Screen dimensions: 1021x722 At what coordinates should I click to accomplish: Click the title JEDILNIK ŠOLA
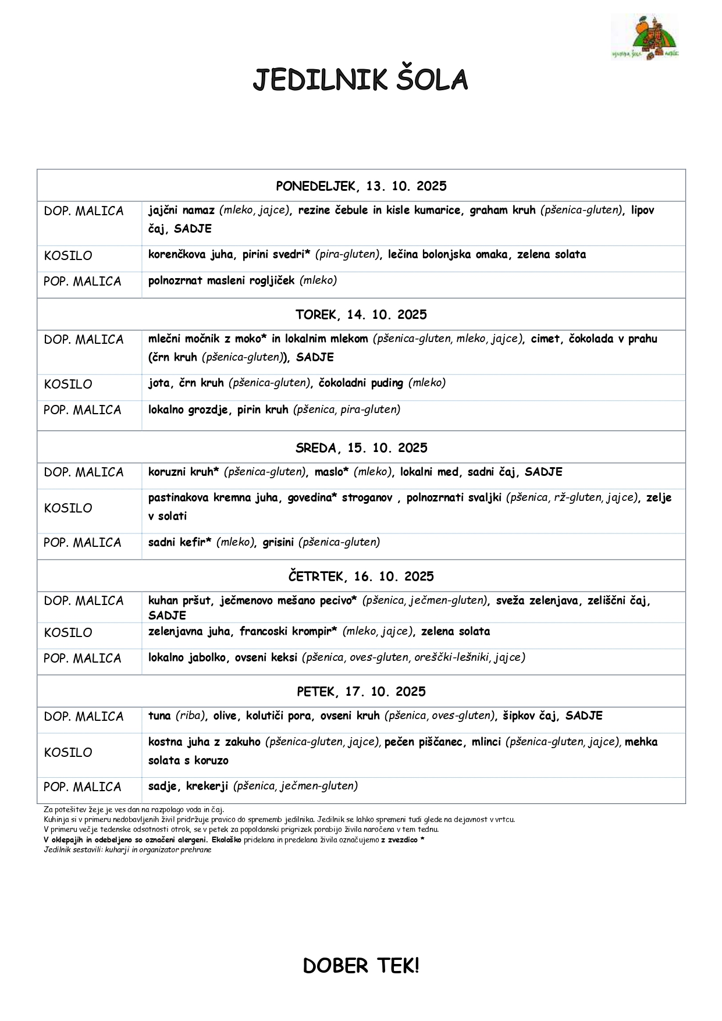tap(360, 80)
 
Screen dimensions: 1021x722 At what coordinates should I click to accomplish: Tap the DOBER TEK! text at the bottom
tap(361, 966)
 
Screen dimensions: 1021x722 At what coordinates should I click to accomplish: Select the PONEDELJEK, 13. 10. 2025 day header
tap(361, 186)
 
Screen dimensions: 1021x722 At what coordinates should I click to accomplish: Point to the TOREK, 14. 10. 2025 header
tap(361, 315)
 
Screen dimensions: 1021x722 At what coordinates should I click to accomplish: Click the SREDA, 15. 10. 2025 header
tap(361, 448)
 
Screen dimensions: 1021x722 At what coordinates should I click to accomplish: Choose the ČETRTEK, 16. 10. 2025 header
tap(361, 577)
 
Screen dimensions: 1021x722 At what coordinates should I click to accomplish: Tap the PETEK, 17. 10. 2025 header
tap(361, 692)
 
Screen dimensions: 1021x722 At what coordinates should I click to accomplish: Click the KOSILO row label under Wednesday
tap(68, 508)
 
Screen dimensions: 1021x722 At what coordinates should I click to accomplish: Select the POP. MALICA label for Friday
tap(83, 787)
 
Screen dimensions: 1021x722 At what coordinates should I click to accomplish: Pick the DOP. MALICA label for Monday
tap(84, 211)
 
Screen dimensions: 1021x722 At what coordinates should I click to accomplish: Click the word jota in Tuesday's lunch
tap(159, 383)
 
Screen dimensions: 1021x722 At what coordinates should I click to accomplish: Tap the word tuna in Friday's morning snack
tap(159, 716)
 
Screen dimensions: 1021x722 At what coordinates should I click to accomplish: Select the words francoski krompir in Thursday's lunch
tap(288, 632)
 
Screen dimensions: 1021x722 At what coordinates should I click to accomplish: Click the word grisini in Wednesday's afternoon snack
tap(278, 542)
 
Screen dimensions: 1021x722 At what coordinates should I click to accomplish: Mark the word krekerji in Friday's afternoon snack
tap(207, 787)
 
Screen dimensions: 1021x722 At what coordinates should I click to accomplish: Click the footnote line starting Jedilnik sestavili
tap(127, 850)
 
